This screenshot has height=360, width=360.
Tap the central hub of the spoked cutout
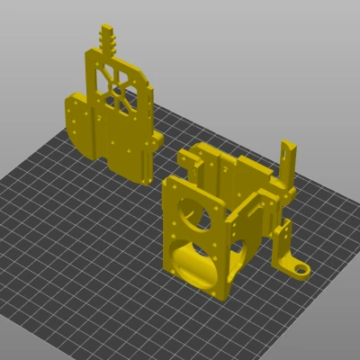point(116,88)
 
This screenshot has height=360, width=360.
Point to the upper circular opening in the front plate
point(190,212)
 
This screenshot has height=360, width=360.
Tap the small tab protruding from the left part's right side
point(158,138)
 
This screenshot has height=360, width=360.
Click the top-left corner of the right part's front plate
point(166,183)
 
